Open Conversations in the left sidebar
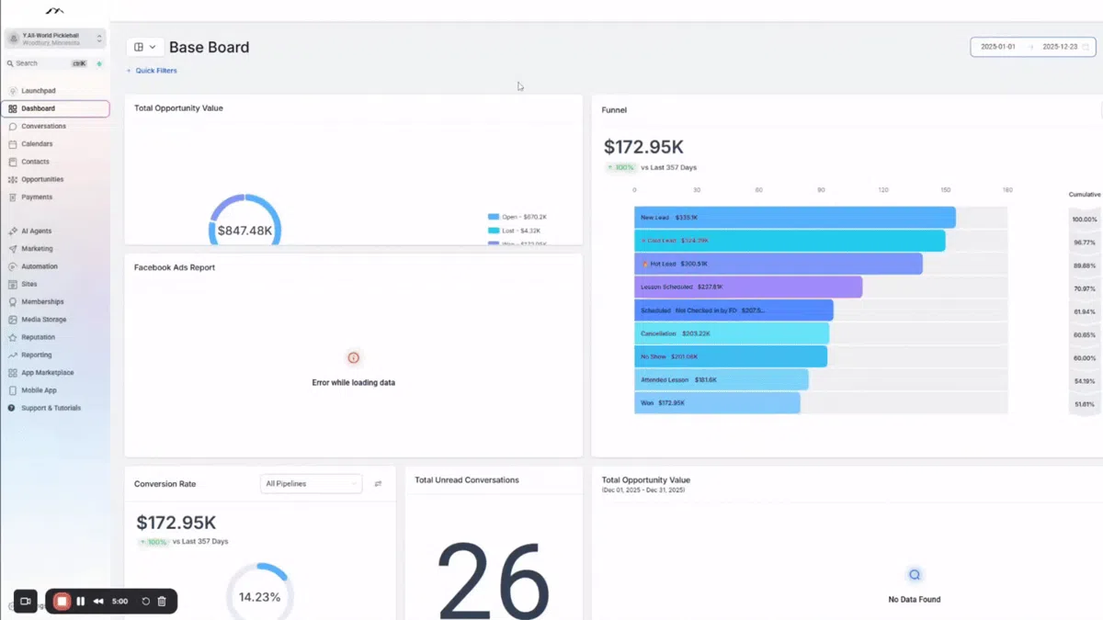pyautogui.click(x=43, y=126)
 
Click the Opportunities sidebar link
pyautogui.click(x=42, y=179)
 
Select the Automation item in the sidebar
pyautogui.click(x=40, y=266)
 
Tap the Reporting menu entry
pyautogui.click(x=37, y=355)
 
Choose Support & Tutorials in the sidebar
pyautogui.click(x=51, y=408)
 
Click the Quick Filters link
pyautogui.click(x=155, y=71)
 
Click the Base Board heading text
pyautogui.click(x=209, y=47)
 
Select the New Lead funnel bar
pyautogui.click(x=794, y=218)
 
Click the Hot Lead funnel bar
pyautogui.click(x=778, y=264)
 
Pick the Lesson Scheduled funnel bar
pyautogui.click(x=748, y=287)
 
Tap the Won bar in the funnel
pyautogui.click(x=717, y=403)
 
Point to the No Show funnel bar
pyautogui.click(x=730, y=356)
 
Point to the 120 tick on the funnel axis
pyautogui.click(x=883, y=190)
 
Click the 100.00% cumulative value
pyautogui.click(x=1084, y=220)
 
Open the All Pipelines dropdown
pyautogui.click(x=311, y=483)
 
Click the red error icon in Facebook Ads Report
pyautogui.click(x=353, y=358)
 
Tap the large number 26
pyautogui.click(x=493, y=579)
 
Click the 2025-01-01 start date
pyautogui.click(x=997, y=47)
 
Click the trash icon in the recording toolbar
pyautogui.click(x=162, y=602)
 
